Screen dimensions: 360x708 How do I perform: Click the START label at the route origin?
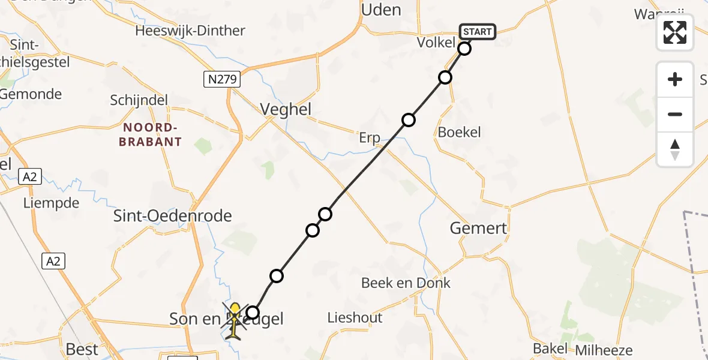[478, 32]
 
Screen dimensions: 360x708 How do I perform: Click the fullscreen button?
[675, 32]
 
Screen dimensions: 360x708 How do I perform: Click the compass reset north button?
[675, 149]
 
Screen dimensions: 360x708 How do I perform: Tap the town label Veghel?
[286, 109]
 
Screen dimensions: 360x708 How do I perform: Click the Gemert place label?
[478, 228]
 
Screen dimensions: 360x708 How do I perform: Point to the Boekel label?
[460, 132]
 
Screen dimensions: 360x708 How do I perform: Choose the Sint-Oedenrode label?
[173, 216]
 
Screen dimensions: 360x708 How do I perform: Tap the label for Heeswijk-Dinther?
[190, 31]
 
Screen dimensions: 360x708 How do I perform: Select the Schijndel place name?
[139, 100]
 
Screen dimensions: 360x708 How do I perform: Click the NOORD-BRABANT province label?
[152, 135]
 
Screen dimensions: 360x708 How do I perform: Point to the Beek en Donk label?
[406, 283]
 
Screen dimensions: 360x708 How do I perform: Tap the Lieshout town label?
[355, 317]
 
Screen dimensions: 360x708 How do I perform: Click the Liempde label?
[51, 203]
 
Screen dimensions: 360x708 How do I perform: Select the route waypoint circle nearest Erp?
[409, 120]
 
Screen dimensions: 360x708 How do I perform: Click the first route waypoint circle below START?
[464, 49]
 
